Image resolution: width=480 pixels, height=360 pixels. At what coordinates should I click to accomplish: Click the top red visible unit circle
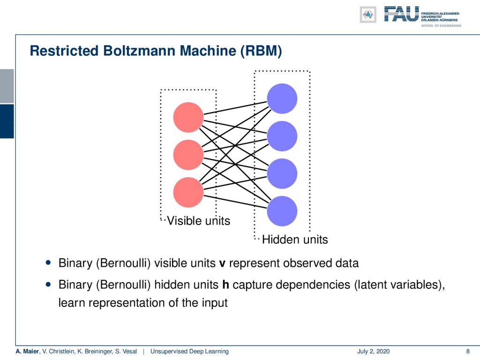coord(188,117)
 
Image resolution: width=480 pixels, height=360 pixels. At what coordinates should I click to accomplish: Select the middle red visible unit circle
coord(188,155)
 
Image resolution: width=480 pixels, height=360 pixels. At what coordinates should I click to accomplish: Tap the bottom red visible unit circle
coord(188,192)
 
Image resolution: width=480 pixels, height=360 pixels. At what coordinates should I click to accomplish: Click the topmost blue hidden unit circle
coord(282,98)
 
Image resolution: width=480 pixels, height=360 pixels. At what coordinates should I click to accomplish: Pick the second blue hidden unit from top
coord(282,136)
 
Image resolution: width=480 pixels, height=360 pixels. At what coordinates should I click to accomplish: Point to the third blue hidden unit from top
coord(282,173)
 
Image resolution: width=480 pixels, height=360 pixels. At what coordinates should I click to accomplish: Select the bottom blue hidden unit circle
coord(282,211)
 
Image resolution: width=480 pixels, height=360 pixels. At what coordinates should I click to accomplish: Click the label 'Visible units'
coord(198,221)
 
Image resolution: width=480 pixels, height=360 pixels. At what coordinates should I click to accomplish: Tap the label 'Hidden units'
coord(295,240)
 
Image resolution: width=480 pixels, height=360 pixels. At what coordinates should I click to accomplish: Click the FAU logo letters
coord(401,14)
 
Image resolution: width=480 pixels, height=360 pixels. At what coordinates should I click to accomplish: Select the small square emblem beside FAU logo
coord(368,15)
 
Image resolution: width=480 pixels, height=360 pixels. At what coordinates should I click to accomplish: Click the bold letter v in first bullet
coord(222,264)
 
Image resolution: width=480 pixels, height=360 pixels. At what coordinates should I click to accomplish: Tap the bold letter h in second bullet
coord(225,285)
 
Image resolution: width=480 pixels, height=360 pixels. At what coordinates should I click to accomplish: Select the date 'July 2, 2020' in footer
coord(373,352)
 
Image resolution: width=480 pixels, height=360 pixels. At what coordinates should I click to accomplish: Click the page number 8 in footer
coord(468,352)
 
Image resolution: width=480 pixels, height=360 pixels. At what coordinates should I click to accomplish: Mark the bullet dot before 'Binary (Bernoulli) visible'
coord(48,262)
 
